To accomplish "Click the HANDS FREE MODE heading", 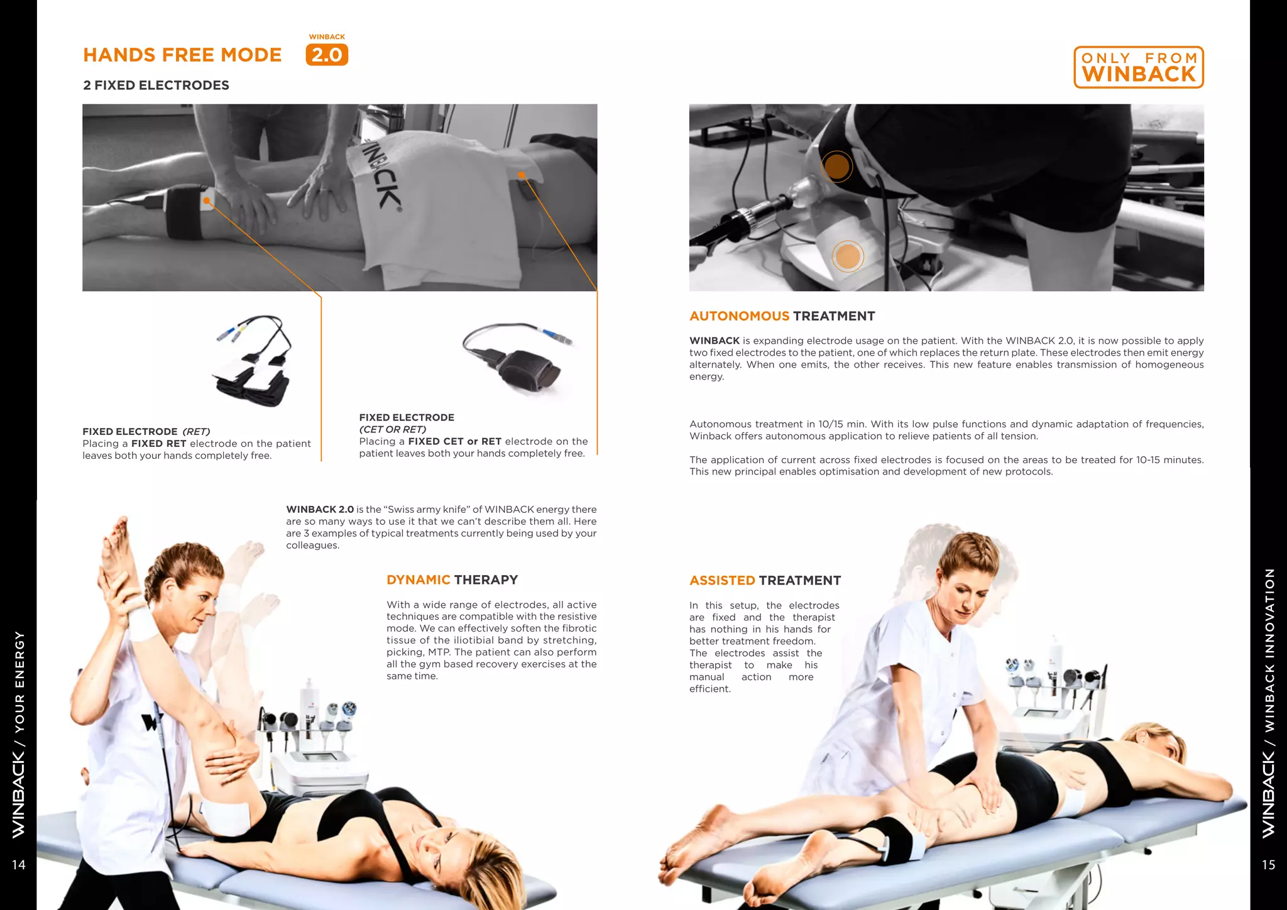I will [182, 55].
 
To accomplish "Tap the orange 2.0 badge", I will [327, 55].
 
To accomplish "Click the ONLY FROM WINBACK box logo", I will [1138, 67].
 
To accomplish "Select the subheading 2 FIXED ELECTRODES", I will [156, 85].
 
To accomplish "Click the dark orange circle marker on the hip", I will [836, 167].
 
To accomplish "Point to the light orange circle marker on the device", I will [848, 256].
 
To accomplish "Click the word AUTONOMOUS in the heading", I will [739, 316].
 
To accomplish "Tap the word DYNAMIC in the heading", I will [418, 580].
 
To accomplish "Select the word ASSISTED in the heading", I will [722, 581].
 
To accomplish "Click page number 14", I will [19, 865].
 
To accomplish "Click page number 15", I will [1268, 865].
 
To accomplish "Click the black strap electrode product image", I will [518, 358].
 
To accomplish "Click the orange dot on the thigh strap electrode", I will [206, 200].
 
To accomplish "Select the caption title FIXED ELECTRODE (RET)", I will [146, 432].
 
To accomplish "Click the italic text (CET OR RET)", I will [393, 429].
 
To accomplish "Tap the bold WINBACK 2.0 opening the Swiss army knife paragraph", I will [320, 510].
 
